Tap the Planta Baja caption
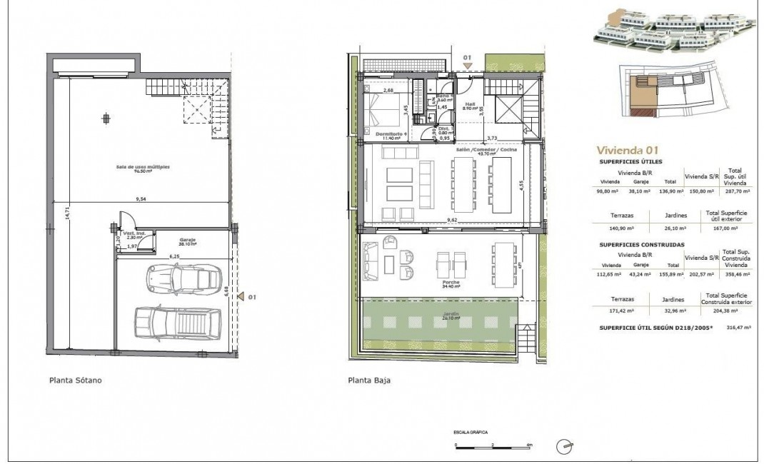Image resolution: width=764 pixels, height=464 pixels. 369,380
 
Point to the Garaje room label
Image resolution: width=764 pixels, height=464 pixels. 167,241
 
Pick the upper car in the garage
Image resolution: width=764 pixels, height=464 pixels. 183,277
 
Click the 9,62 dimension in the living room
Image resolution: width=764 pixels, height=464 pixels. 453,220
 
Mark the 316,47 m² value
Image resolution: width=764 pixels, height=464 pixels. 735,329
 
